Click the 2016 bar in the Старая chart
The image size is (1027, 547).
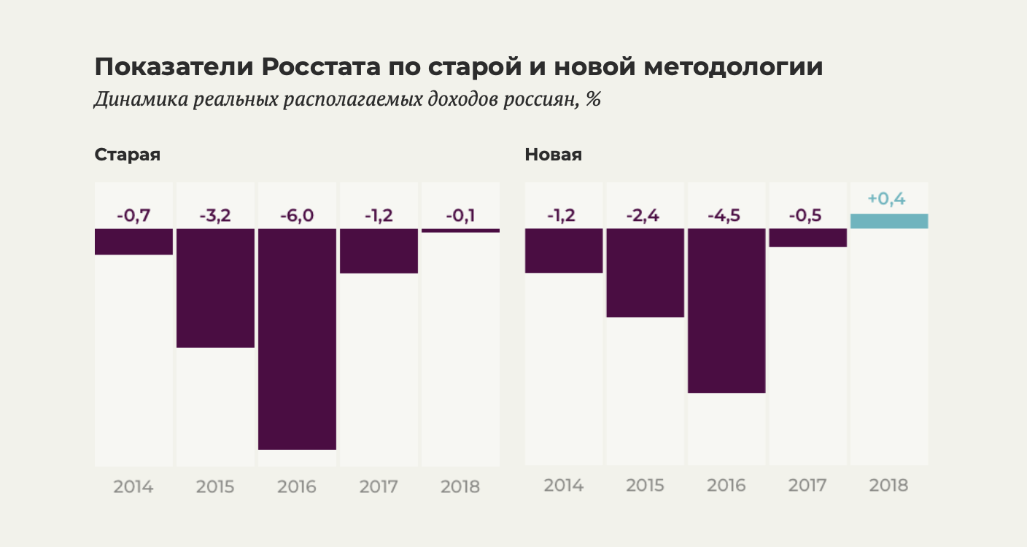(x=297, y=338)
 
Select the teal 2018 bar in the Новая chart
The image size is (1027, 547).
(x=889, y=221)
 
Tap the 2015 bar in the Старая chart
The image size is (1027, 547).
(x=215, y=287)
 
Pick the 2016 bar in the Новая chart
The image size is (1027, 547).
(x=726, y=311)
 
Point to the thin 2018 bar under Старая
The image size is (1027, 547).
(x=460, y=230)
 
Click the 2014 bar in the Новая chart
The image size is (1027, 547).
(x=564, y=250)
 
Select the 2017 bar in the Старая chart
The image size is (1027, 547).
(x=379, y=251)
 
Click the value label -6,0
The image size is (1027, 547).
(x=297, y=215)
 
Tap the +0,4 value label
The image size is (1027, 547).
(x=886, y=198)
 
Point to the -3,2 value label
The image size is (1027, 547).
(x=215, y=215)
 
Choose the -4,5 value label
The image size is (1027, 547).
(x=726, y=215)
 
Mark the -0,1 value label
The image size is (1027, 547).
(x=460, y=215)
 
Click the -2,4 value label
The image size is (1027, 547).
(x=645, y=215)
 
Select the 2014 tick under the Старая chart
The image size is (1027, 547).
(x=133, y=486)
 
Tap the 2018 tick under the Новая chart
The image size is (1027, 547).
(x=888, y=485)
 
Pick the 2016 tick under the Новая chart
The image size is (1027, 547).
(x=726, y=485)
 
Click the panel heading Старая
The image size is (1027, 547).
(x=128, y=155)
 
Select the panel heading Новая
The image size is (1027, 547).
(x=553, y=155)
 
